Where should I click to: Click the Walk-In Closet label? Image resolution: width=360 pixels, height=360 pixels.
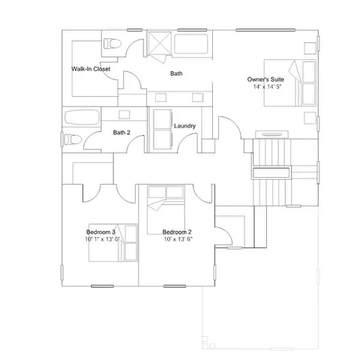tap(91, 69)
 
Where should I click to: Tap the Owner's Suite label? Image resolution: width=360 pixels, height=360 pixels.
tap(265, 79)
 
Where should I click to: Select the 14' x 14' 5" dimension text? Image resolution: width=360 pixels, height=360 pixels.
tap(267, 87)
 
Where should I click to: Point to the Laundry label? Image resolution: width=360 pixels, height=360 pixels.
tap(184, 126)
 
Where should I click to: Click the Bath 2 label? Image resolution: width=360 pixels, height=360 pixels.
tap(121, 133)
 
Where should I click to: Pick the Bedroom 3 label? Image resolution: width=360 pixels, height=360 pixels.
tap(100, 232)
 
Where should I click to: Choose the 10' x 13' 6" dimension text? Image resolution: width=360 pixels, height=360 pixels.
tap(178, 239)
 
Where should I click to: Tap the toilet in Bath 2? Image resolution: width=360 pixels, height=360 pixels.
tap(73, 139)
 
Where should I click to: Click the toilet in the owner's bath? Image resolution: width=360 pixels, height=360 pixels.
tap(112, 43)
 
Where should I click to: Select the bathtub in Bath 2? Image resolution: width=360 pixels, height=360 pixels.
tap(82, 117)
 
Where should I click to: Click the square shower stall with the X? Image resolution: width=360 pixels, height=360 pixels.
tap(160, 43)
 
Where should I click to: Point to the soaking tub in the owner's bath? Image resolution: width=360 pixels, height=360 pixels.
tap(191, 44)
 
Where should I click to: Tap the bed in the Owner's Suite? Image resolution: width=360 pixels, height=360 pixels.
tap(290, 82)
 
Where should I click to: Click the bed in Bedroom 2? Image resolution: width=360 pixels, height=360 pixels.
tap(166, 210)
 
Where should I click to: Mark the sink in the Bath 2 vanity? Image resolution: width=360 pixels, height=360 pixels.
tap(124, 115)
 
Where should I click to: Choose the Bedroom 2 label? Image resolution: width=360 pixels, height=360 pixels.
tap(177, 232)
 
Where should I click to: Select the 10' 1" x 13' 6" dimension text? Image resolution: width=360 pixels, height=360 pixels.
tap(103, 239)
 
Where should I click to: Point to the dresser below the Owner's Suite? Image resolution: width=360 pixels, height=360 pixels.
tap(271, 134)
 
